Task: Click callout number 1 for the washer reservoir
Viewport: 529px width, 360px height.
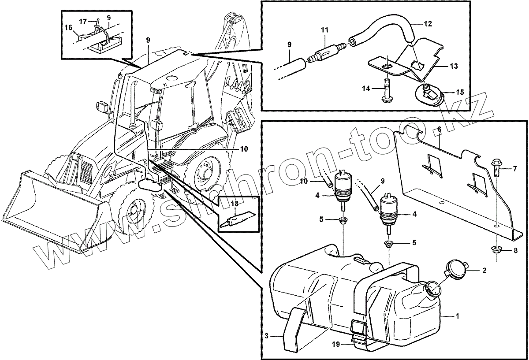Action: tap(458, 316)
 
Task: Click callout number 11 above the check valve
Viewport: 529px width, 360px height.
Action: tap(324, 30)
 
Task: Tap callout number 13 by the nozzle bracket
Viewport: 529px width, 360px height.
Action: tap(453, 66)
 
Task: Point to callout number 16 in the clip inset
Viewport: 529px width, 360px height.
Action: tap(68, 27)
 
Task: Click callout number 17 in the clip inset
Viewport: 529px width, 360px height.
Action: tap(83, 21)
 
